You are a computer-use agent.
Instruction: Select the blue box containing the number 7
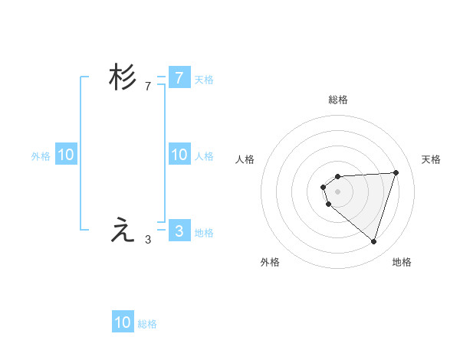tap(179, 77)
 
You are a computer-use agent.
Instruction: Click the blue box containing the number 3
tap(179, 231)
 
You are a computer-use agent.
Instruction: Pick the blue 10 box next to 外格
tap(66, 155)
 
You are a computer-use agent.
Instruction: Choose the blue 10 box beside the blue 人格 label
tap(179, 155)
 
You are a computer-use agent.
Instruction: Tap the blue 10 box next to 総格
tap(123, 322)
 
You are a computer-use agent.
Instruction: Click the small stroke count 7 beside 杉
tap(148, 87)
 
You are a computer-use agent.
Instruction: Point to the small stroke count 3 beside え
tap(148, 240)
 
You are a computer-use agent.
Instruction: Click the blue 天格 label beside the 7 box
tap(204, 79)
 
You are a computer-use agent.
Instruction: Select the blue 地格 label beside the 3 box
tap(204, 232)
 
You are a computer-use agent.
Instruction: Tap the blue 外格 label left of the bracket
tap(41, 155)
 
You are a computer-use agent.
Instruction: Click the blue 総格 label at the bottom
tap(148, 324)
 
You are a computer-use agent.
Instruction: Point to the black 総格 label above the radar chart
tap(338, 100)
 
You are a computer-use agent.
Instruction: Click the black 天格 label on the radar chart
tap(432, 159)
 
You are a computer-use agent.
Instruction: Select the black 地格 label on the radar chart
tap(402, 262)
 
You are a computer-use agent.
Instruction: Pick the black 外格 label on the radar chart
tap(270, 262)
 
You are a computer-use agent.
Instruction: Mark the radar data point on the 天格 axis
tap(396, 172)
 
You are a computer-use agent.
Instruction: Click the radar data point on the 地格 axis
tap(373, 241)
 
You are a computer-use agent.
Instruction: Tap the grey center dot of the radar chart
tap(337, 191)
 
